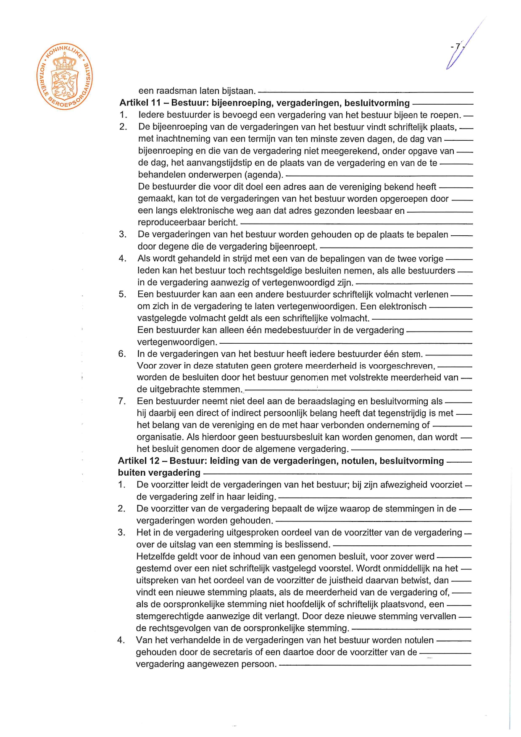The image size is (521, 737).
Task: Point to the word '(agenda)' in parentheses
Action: coord(264,175)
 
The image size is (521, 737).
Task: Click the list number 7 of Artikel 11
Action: coord(122,401)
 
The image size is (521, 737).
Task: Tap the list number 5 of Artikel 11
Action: coord(122,294)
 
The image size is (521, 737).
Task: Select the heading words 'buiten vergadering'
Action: coord(159,473)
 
